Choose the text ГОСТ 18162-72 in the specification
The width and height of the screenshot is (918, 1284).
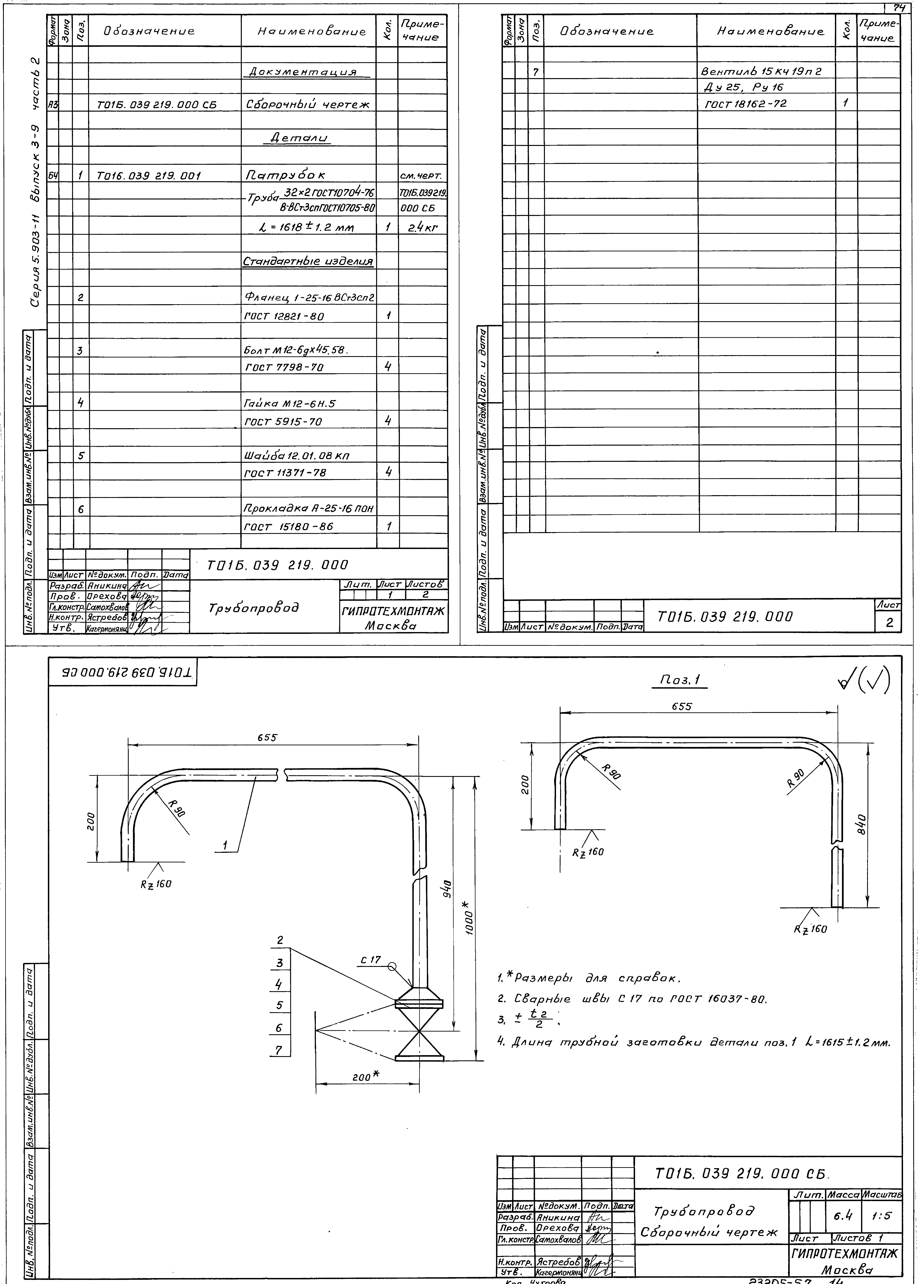coord(745,104)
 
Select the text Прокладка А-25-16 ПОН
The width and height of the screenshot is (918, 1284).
coord(309,509)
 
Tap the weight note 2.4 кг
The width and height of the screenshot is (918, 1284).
coord(423,228)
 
